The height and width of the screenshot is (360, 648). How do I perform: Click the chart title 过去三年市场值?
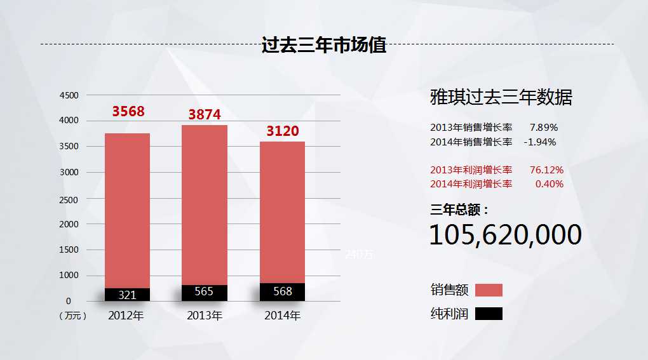[x=324, y=45]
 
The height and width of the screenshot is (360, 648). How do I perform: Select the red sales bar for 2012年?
[x=127, y=210]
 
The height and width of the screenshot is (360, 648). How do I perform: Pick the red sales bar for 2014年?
[x=282, y=212]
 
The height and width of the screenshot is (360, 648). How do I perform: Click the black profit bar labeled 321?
[x=127, y=295]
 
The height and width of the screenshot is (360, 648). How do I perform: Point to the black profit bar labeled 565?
[x=205, y=292]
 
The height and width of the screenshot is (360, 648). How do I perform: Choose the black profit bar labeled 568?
[x=282, y=291]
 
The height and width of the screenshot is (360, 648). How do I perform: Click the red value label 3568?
[x=128, y=112]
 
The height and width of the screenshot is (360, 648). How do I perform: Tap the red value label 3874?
[x=205, y=115]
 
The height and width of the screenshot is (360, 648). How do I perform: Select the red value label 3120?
[x=282, y=131]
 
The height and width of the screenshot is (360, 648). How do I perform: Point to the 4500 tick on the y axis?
[x=69, y=95]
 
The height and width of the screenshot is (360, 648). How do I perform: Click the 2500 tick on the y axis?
[x=69, y=199]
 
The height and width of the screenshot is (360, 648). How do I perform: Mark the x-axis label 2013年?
[x=205, y=315]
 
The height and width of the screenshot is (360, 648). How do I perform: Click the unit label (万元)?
[x=72, y=316]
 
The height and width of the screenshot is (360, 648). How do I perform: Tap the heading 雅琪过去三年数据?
[x=501, y=98]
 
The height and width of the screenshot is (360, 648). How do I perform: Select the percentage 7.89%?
[x=544, y=127]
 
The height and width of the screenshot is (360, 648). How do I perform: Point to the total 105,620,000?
[x=506, y=235]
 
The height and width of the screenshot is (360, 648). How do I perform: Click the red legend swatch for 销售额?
[x=489, y=290]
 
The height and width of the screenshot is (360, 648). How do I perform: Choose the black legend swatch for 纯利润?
[x=489, y=314]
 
